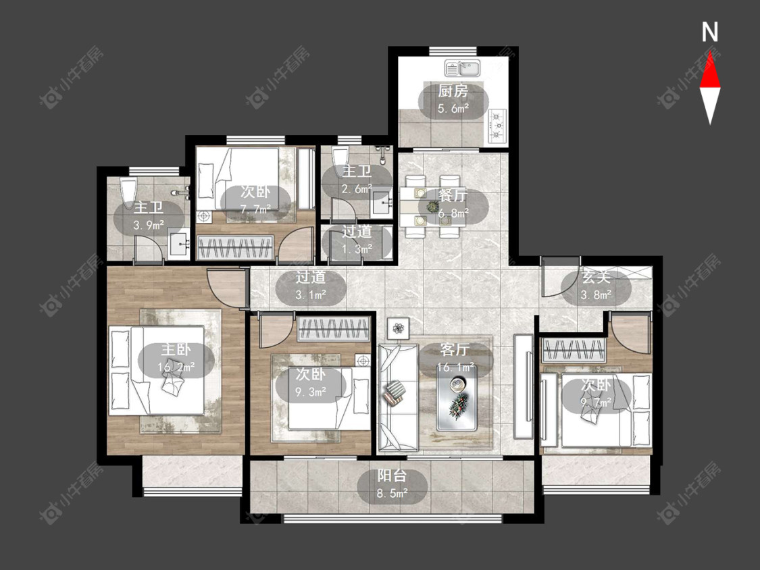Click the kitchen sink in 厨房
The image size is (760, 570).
pyautogui.click(x=462, y=68)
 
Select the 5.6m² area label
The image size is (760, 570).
pyautogui.click(x=453, y=109)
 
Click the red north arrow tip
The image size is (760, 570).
pyautogui.click(x=710, y=53)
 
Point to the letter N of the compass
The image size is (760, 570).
pyautogui.click(x=710, y=32)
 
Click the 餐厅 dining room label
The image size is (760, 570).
pyautogui.click(x=453, y=195)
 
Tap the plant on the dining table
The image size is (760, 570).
pyautogui.click(x=432, y=207)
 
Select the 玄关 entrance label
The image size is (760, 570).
pyautogui.click(x=596, y=278)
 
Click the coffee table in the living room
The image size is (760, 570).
pyautogui.click(x=456, y=398)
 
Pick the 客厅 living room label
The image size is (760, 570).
pyautogui.click(x=455, y=349)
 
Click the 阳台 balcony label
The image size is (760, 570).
pyautogui.click(x=392, y=475)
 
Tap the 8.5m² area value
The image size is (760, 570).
pyautogui.click(x=392, y=494)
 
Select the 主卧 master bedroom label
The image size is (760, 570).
pyautogui.click(x=176, y=349)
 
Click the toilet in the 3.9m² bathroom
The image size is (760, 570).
pyautogui.click(x=128, y=193)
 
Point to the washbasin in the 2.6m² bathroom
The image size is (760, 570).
pyautogui.click(x=384, y=203)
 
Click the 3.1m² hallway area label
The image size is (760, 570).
pyautogui.click(x=311, y=294)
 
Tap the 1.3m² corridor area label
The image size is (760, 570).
pyautogui.click(x=357, y=249)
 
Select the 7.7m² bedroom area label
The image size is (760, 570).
pyautogui.click(x=256, y=209)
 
